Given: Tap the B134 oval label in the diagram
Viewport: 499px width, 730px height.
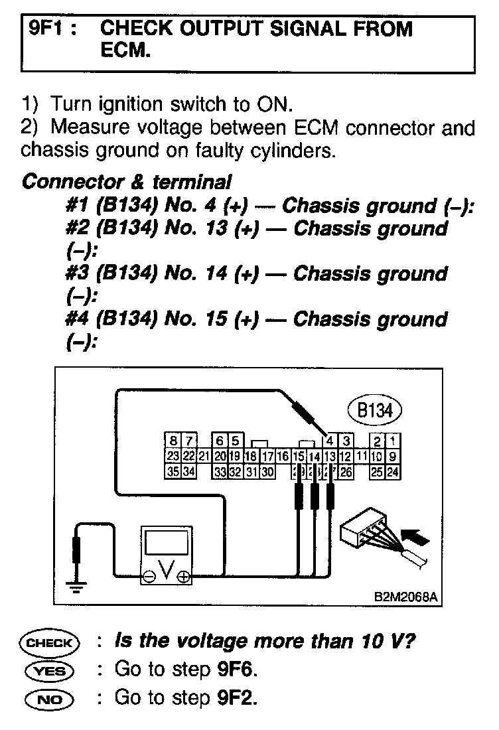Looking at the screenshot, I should click(375, 410).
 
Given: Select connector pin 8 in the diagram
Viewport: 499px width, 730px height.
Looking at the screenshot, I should click(173, 441).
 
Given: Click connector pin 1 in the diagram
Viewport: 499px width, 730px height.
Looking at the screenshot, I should click(393, 441).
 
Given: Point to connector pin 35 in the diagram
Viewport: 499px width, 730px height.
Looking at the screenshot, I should click(173, 473).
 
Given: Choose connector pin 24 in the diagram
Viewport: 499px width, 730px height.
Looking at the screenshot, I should click(393, 473).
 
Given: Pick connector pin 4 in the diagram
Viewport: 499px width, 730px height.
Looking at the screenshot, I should click(330, 441).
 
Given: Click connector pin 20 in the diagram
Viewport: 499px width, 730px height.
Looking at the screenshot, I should click(220, 457).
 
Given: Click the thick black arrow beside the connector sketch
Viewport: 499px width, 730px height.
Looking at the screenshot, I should click(415, 532).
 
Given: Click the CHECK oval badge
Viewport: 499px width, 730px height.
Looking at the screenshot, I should click(50, 642).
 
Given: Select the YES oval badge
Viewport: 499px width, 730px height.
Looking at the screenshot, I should click(50, 670).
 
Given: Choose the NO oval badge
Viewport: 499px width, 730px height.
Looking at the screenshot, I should click(50, 698).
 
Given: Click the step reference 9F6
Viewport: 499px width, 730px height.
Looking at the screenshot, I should click(235, 669).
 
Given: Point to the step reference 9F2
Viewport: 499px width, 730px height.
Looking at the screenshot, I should click(235, 697).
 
